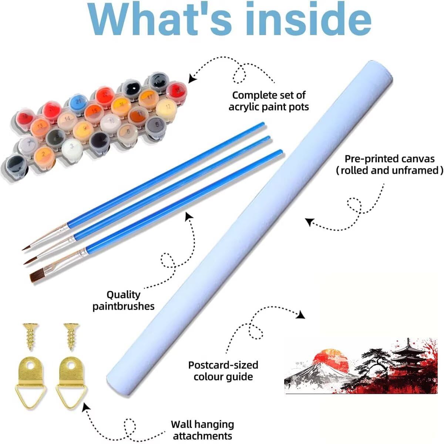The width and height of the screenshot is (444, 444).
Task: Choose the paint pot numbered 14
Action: click(x=67, y=120)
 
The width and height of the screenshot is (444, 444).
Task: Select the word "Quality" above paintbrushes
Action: click(x=124, y=295)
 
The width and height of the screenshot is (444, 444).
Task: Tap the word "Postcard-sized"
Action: click(x=223, y=365)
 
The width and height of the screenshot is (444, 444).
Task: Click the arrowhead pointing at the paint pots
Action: click(x=192, y=78)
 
